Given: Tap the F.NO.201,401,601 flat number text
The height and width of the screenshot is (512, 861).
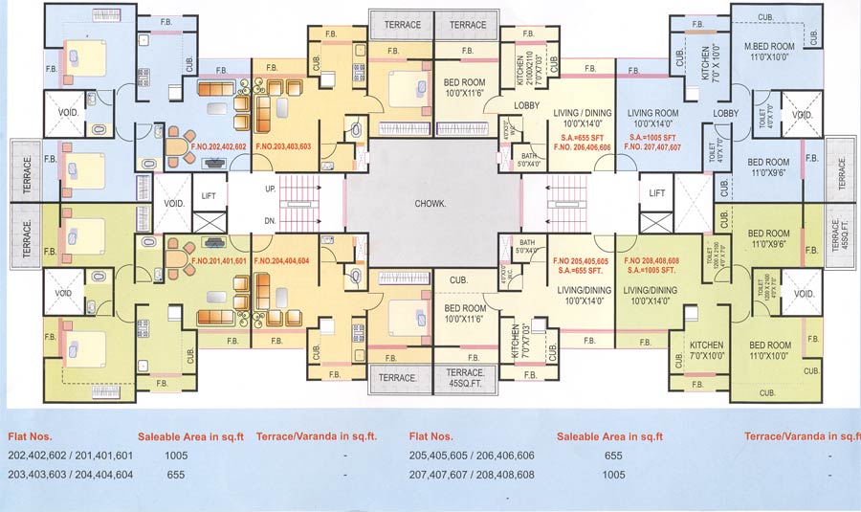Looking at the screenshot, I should click(x=219, y=260).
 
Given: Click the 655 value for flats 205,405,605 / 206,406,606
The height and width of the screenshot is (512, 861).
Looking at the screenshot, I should click(x=613, y=456).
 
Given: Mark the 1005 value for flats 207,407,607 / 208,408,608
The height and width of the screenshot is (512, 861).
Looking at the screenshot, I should click(x=613, y=475).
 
